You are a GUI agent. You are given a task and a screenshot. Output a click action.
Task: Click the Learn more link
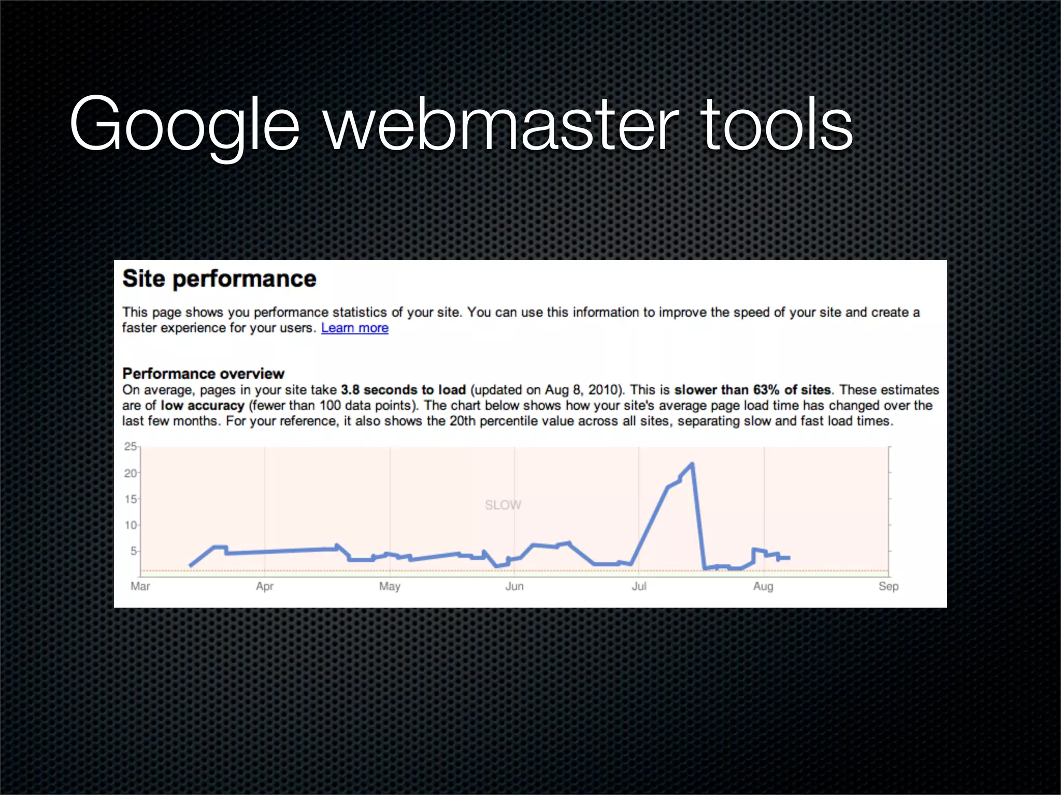pos(354,328)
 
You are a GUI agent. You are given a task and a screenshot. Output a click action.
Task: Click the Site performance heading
pos(219,279)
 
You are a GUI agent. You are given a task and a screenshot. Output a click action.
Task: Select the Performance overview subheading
pos(203,374)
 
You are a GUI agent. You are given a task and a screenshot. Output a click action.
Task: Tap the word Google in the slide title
pos(184,125)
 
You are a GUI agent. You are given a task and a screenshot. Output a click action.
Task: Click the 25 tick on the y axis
pos(130,447)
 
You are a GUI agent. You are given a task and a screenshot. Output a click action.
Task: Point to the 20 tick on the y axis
pos(130,473)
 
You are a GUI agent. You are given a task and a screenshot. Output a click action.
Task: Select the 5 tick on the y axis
pos(133,551)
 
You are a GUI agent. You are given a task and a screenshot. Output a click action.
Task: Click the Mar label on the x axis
pos(140,586)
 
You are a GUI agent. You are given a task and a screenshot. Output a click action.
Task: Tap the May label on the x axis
pos(390,586)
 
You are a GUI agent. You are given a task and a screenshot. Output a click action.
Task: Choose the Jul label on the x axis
pos(639,586)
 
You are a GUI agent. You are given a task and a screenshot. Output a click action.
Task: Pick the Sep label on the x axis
pos(888,586)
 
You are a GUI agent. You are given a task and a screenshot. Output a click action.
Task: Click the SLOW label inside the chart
pos(503,505)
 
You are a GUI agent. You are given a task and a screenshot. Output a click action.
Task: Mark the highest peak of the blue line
pos(692,464)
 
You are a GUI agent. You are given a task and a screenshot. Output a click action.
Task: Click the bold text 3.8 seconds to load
pos(403,390)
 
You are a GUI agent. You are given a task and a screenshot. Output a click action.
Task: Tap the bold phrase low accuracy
pos(202,405)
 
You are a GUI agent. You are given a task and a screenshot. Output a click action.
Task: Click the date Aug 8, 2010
pos(583,390)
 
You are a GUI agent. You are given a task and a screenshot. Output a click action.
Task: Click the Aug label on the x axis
pos(763,586)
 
